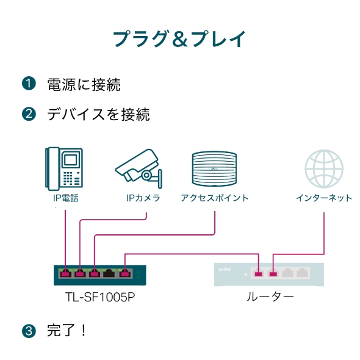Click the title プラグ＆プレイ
point(180,38)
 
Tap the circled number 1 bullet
point(29,84)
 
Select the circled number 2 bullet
point(29,114)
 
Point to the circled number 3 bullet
point(29,331)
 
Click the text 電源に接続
point(84,84)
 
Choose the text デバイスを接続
point(98,114)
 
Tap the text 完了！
point(68,331)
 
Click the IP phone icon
point(64,168)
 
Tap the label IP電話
point(65,198)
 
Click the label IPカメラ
point(143,198)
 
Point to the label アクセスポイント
point(214,198)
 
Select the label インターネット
point(324,198)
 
